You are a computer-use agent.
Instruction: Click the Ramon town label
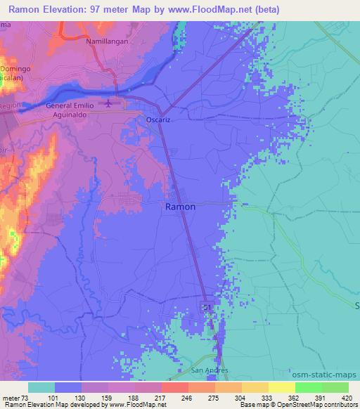tap(180, 207)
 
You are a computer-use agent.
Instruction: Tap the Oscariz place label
tap(158, 120)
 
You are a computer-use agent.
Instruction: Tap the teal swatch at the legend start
tap(41, 387)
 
